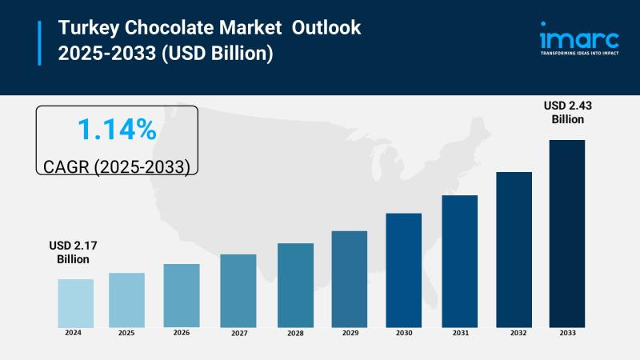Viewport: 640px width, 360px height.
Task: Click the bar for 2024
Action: [x=75, y=302]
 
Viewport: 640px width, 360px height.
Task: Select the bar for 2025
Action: [x=126, y=299]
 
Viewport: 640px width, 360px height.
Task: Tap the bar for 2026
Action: [x=182, y=295]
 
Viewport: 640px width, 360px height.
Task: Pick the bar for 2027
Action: [x=238, y=290]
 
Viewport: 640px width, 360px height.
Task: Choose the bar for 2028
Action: [x=295, y=285]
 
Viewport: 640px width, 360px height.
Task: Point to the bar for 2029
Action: [x=349, y=278]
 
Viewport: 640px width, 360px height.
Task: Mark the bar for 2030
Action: [x=403, y=270]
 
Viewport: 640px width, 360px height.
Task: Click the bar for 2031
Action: [x=459, y=261]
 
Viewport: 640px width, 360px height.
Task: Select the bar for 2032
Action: [x=514, y=249]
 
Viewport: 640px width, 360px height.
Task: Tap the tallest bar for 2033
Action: [x=566, y=233]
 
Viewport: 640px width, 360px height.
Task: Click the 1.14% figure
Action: [x=117, y=129]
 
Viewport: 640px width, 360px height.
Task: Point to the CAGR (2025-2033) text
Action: [x=117, y=167]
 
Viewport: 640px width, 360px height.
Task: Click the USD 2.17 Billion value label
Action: [x=73, y=253]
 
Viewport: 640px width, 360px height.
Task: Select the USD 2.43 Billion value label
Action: [x=567, y=113]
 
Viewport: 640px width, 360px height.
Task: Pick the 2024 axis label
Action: [x=74, y=332]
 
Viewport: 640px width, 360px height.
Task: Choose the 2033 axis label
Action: [x=566, y=332]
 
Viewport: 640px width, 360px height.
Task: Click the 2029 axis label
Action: [x=349, y=332]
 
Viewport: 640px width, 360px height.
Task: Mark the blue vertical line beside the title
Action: [x=38, y=42]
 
